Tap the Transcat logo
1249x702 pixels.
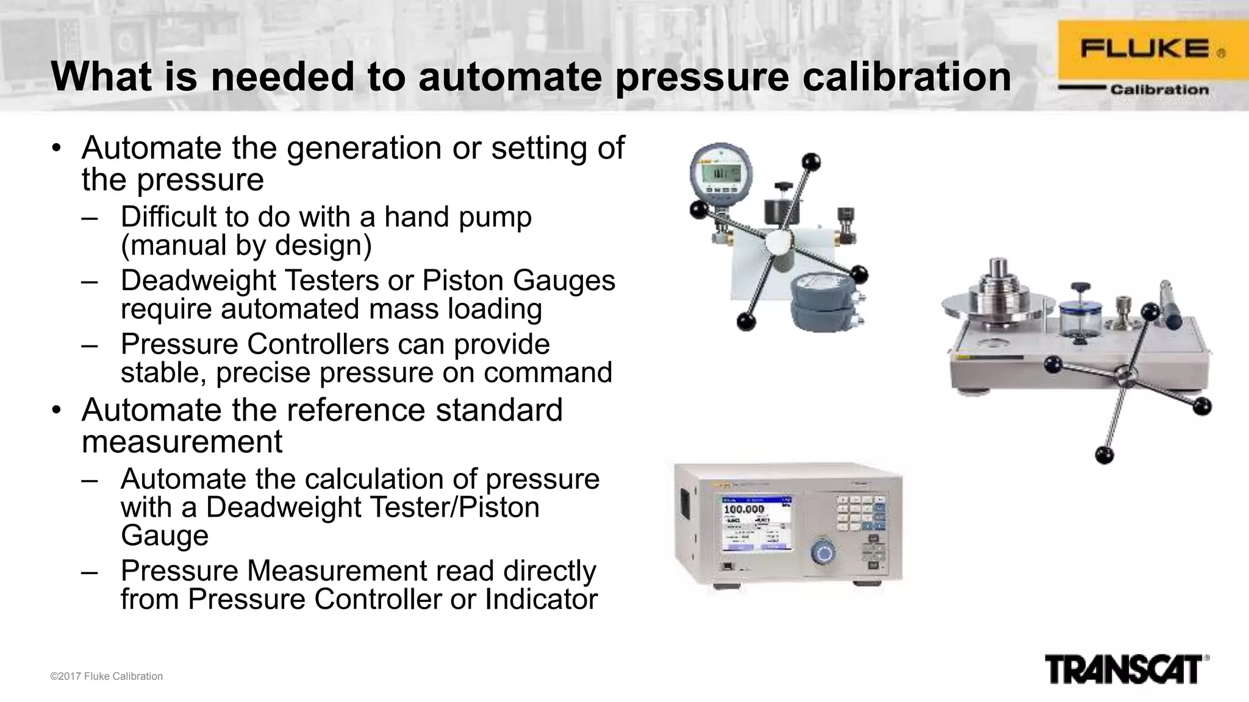pos(1125,669)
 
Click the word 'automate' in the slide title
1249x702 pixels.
pos(510,77)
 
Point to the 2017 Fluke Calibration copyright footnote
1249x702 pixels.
pos(106,676)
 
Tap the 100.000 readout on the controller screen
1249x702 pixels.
pos(743,509)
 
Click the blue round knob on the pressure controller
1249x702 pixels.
pos(822,553)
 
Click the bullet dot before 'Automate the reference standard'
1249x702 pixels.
pos(57,410)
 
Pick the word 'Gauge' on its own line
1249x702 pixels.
pos(165,536)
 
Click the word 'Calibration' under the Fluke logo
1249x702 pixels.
pos(1159,90)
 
